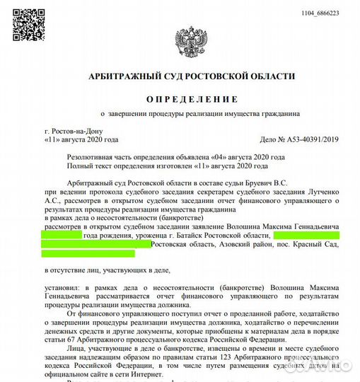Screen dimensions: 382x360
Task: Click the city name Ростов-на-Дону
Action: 73,132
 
